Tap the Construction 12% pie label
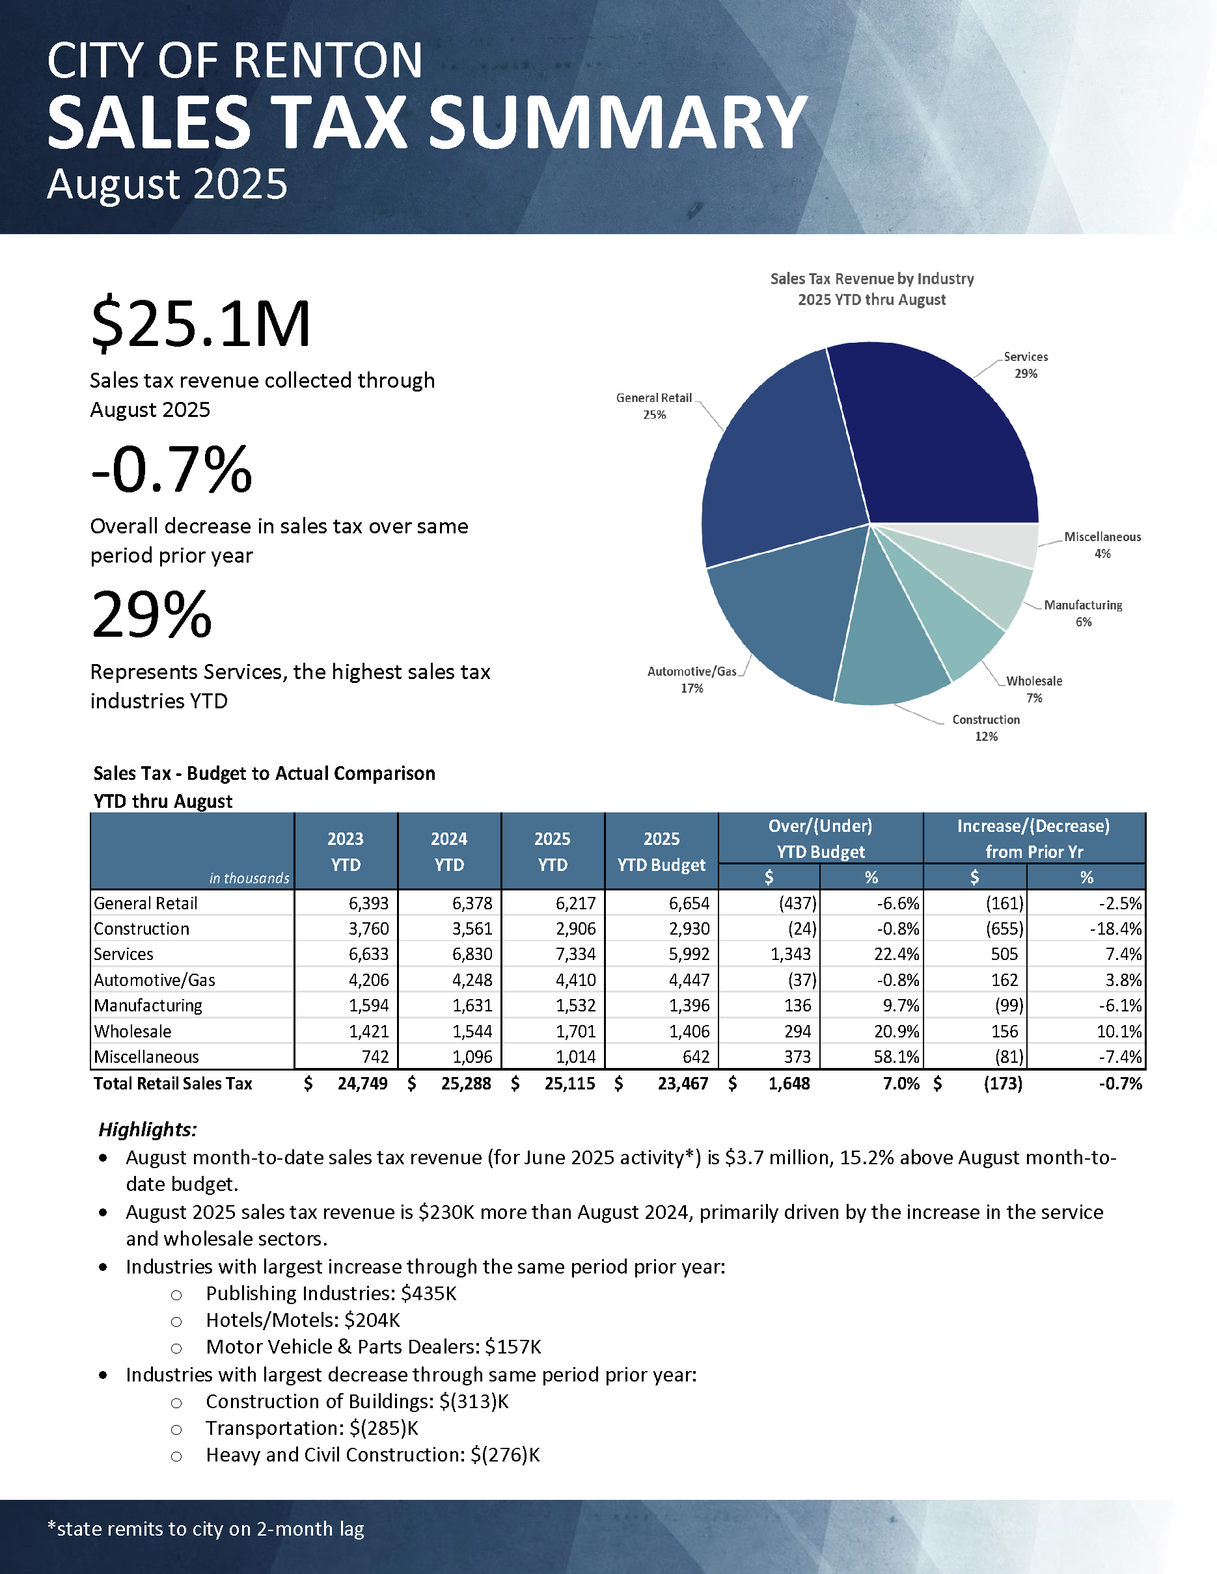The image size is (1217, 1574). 985,728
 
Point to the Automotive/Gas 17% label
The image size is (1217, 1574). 691,680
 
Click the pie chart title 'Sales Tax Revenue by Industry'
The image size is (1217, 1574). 871,279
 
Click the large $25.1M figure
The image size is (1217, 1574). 200,325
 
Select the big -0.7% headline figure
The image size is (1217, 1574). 172,470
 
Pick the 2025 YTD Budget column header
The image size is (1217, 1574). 661,851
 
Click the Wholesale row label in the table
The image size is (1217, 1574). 133,1032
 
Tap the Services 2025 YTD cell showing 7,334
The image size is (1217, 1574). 575,954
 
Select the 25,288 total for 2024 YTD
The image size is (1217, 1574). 466,1083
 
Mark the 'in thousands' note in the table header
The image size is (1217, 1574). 249,878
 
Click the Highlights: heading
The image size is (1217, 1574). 148,1129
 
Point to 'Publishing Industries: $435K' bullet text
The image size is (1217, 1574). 331,1294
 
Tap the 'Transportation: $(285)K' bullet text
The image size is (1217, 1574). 312,1428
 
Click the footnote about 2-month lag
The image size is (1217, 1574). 206,1528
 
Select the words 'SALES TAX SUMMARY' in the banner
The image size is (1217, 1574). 427,122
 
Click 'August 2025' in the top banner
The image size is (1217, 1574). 167,185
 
